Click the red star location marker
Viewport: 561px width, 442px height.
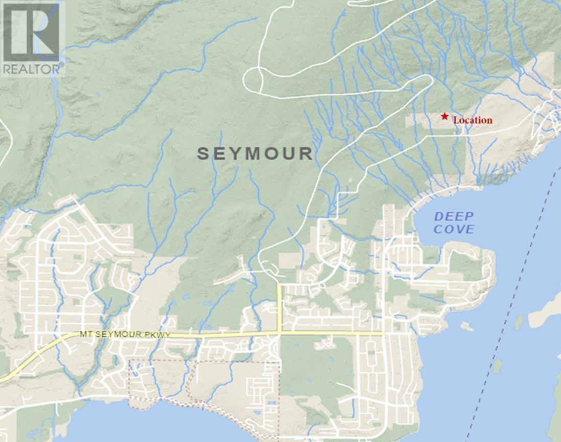click(445, 116)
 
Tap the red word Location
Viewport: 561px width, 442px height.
click(473, 120)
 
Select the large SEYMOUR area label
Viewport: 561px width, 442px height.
click(254, 154)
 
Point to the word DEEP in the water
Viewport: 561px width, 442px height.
click(454, 216)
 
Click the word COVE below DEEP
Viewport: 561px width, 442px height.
click(454, 229)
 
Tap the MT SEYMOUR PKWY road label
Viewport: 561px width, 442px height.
click(124, 334)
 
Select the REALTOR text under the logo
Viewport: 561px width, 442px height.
click(32, 68)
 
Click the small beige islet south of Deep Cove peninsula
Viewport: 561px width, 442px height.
click(466, 325)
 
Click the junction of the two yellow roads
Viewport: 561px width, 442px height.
click(279, 333)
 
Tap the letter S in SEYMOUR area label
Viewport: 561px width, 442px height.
click(203, 154)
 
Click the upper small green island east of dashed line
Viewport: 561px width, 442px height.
click(519, 321)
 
